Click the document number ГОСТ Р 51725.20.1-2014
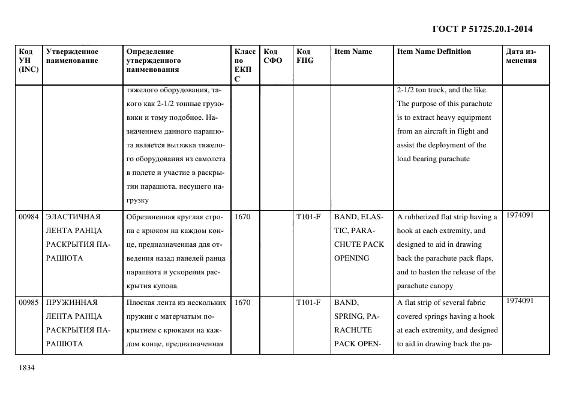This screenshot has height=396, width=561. click(x=482, y=29)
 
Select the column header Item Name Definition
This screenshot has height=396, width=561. click(x=434, y=52)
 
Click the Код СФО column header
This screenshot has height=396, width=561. click(x=273, y=56)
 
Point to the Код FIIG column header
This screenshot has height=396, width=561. click(x=305, y=56)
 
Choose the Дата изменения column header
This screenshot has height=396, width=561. click(x=521, y=56)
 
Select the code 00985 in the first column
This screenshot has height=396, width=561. click(x=28, y=303)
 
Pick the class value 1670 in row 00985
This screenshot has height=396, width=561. click(x=242, y=303)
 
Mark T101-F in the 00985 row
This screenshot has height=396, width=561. click(x=308, y=303)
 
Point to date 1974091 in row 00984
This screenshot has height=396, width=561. click(x=520, y=215)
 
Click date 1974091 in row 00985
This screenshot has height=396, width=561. click(x=520, y=301)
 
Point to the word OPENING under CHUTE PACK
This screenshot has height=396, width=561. click(x=352, y=258)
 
